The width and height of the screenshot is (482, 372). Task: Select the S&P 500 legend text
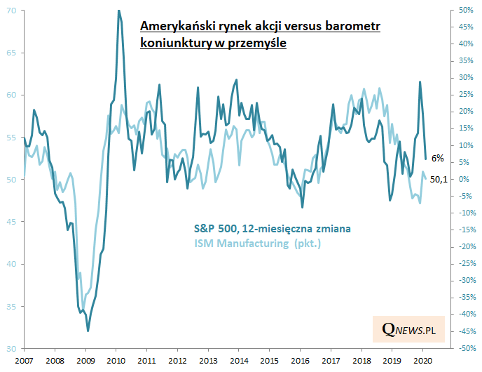(273, 229)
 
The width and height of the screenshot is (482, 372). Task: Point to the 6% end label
(436, 159)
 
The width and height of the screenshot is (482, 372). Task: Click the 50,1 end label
(439, 180)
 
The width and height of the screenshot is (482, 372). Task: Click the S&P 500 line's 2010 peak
(118, 11)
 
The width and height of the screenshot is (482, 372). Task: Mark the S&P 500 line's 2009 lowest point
(88, 331)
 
